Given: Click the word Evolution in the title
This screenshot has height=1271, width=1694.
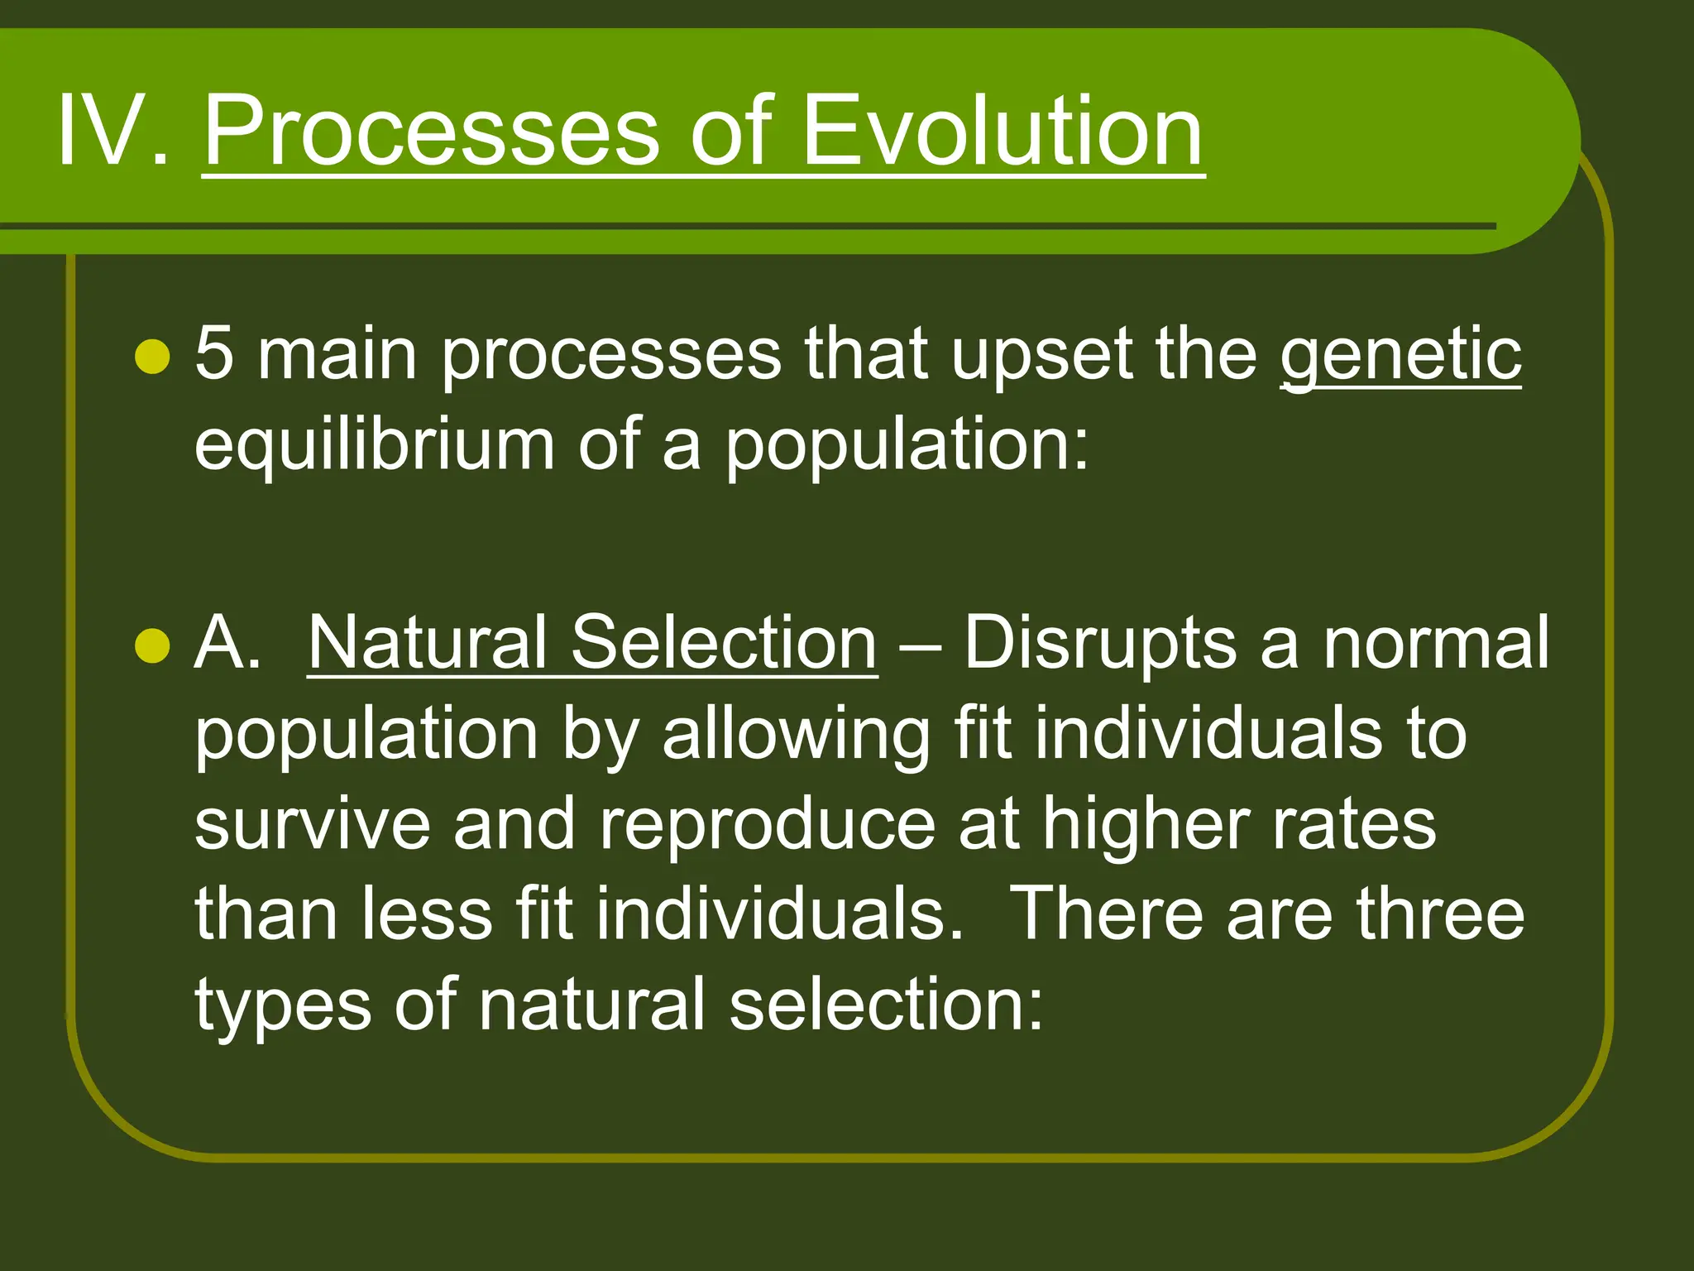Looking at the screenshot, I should point(1002,131).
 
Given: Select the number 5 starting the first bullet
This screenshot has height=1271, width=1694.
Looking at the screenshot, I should point(214,353).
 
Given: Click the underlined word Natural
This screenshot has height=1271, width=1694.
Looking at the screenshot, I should point(427,643).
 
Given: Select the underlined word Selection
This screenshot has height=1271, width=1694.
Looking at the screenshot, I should point(724,643).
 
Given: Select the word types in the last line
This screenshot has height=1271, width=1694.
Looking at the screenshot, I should point(283,1008).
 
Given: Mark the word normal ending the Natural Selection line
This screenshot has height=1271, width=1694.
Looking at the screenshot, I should point(1435,643).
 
